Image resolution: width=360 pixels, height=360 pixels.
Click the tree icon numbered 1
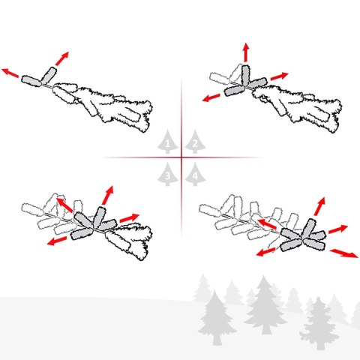pyautogui.click(x=167, y=142)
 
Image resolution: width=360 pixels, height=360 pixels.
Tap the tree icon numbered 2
pyautogui.click(x=195, y=142)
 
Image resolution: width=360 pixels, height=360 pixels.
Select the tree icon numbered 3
pyautogui.click(x=167, y=174)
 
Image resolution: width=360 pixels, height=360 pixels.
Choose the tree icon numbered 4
pyautogui.click(x=195, y=174)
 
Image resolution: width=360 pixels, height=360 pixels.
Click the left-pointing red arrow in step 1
pyautogui.click(x=10, y=73)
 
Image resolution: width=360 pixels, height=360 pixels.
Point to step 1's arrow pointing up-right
pyautogui.click(x=61, y=58)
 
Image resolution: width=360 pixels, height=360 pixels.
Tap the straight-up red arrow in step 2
pyautogui.click(x=246, y=52)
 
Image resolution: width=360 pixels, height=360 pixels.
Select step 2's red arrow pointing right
pyautogui.click(x=279, y=76)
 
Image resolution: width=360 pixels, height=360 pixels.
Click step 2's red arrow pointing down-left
pyautogui.click(x=211, y=97)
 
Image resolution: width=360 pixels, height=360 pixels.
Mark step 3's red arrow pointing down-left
pyautogui.click(x=57, y=241)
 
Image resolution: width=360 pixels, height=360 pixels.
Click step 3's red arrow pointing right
pyautogui.click(x=129, y=217)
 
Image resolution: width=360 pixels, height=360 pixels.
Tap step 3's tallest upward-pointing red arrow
pyautogui.click(x=107, y=195)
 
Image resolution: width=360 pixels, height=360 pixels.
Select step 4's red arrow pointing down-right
pyautogui.click(x=344, y=253)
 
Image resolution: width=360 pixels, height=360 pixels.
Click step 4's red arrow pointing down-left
pyautogui.click(x=266, y=252)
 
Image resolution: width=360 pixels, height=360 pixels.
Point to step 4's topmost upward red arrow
pyautogui.click(x=319, y=206)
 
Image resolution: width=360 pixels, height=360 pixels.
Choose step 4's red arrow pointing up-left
pyautogui.click(x=267, y=224)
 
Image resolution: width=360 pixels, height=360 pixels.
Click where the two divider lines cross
pyautogui.click(x=181, y=157)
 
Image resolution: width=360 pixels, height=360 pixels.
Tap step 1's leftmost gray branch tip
pyautogui.click(x=31, y=81)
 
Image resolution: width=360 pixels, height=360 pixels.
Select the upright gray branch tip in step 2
pyautogui.click(x=245, y=74)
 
